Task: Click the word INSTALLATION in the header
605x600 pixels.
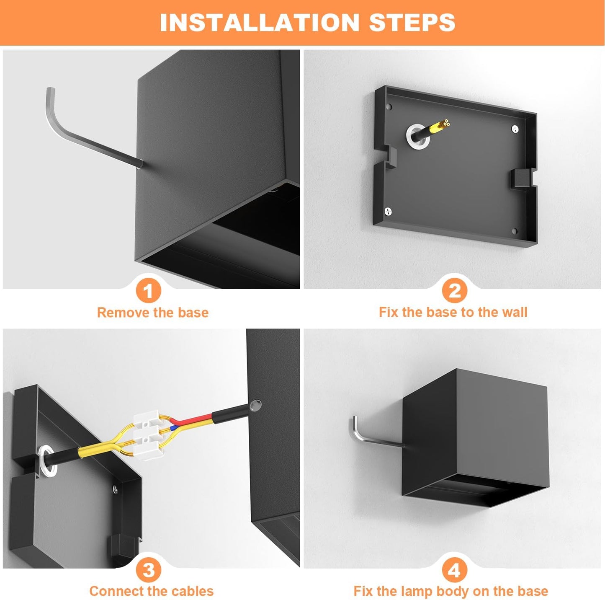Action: click(x=259, y=22)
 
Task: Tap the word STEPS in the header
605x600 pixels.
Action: click(x=412, y=22)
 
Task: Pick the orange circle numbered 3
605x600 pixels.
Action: click(x=148, y=569)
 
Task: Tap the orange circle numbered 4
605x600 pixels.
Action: click(x=454, y=569)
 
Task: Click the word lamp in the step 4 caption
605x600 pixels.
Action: click(x=414, y=591)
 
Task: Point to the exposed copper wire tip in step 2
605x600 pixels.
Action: click(x=445, y=124)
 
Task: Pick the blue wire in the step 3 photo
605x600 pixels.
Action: click(x=174, y=428)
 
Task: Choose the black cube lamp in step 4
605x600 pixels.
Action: click(x=475, y=438)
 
